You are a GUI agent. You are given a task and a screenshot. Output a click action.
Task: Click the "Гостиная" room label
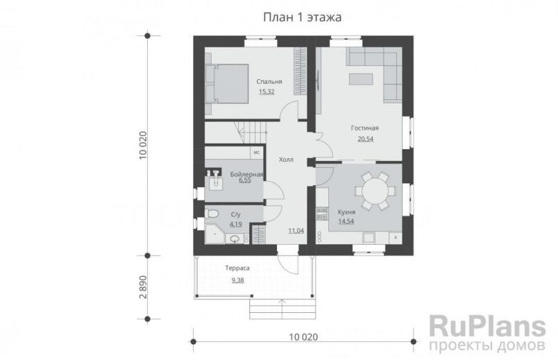point(364,128)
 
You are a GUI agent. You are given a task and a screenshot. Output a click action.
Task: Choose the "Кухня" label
point(346,212)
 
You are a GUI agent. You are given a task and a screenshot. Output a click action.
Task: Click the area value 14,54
point(346,221)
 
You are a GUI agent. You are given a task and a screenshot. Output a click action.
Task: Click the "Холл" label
point(285,160)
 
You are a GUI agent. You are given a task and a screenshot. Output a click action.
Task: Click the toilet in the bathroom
point(212,214)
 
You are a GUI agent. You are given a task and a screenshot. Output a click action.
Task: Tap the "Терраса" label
point(237,268)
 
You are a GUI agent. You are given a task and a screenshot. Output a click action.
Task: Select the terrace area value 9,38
point(237,280)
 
